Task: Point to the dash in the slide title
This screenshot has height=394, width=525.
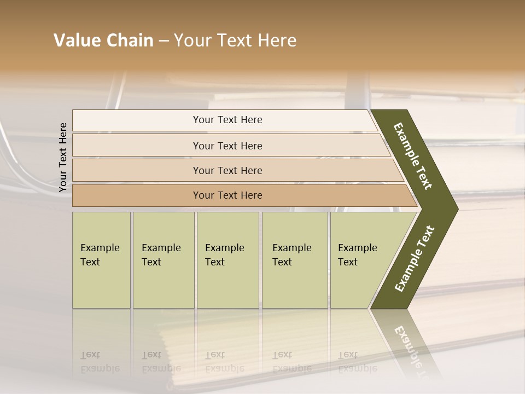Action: tap(164, 41)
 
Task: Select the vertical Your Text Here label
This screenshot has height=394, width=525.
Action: tap(63, 158)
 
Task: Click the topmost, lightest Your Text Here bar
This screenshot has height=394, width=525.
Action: tap(227, 120)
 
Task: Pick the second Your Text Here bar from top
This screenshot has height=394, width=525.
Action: tap(227, 146)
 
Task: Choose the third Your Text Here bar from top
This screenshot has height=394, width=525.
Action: tap(227, 170)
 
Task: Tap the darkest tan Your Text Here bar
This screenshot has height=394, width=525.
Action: tap(227, 195)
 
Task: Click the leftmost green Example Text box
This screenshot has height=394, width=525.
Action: tap(101, 260)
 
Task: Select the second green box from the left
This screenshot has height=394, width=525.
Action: tap(164, 260)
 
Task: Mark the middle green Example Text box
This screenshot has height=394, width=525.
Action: tap(227, 260)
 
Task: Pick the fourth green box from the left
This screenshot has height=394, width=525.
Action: tap(295, 260)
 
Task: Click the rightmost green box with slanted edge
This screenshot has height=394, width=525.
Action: tap(361, 260)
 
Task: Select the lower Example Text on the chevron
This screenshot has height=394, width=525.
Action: tap(415, 258)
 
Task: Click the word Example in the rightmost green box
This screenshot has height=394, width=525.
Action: tap(358, 248)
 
